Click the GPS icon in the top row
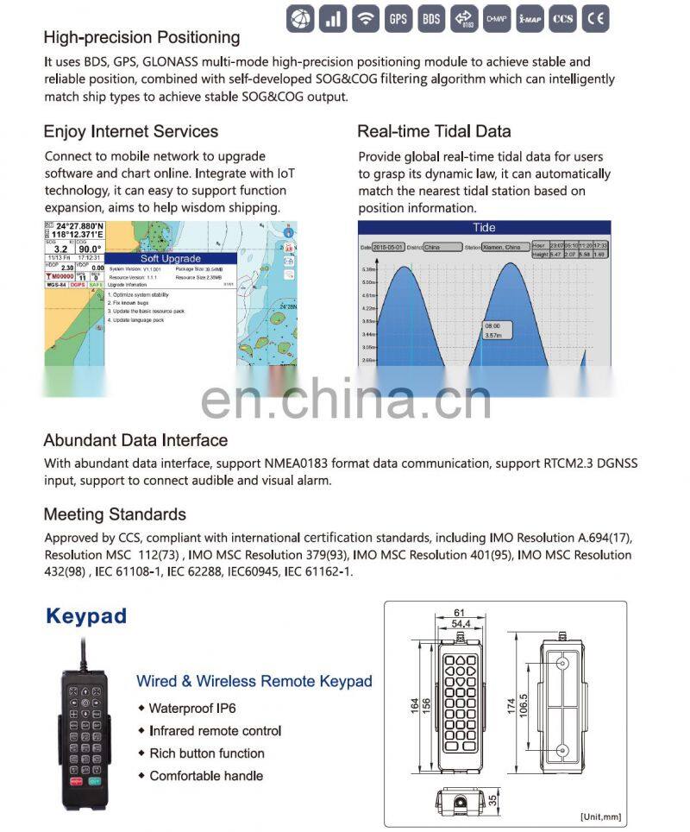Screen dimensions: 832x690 [398, 17]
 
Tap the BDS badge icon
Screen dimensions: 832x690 [430, 17]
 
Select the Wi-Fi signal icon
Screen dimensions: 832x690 [365, 17]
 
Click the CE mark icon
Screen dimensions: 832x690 [595, 17]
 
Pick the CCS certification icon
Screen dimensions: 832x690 [562, 17]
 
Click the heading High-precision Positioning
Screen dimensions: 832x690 [141, 37]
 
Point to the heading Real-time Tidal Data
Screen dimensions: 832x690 [434, 131]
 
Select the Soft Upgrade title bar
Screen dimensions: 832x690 [171, 258]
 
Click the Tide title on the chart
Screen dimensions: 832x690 [484, 228]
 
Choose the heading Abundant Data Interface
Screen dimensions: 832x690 [135, 440]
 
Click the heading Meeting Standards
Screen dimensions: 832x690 [115, 514]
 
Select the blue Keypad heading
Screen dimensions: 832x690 [85, 616]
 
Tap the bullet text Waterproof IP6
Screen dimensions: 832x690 [191, 709]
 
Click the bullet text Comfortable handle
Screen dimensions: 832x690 [205, 776]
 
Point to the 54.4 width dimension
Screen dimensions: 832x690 [461, 623]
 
